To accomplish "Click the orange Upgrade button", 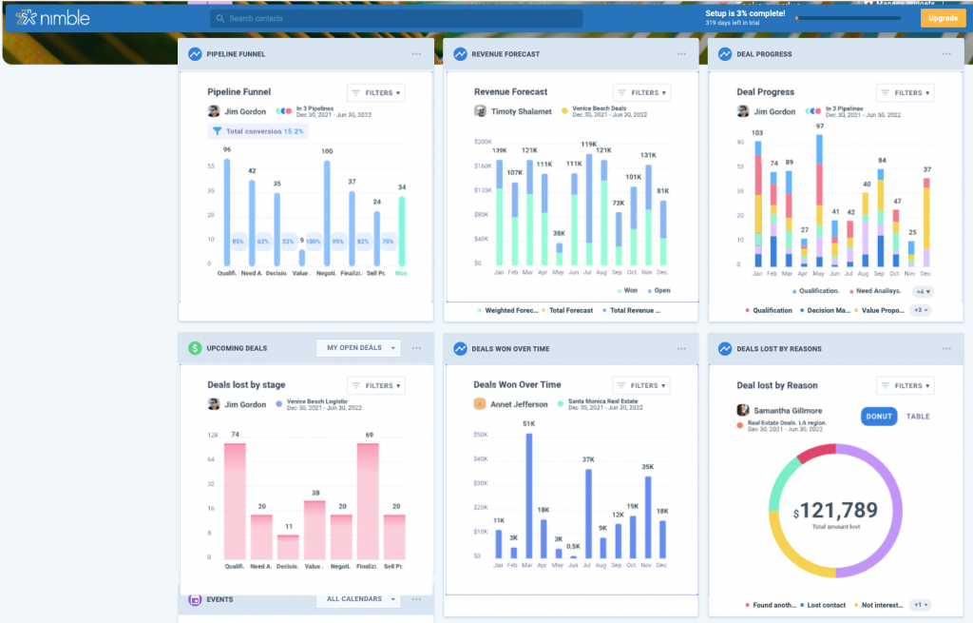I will [943, 18].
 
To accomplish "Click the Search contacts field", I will [396, 18].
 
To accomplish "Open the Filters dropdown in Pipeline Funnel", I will [375, 92].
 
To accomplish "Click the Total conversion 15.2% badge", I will [258, 131].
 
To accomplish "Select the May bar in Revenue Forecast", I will [559, 253].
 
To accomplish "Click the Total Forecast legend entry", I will [567, 310].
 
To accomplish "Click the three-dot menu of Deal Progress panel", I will [946, 54].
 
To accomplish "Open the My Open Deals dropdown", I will [358, 348].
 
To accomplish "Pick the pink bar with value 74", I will [234, 500].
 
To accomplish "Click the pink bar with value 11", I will [288, 546].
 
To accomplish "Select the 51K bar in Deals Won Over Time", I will [529, 495].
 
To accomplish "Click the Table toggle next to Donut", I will [917, 417].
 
